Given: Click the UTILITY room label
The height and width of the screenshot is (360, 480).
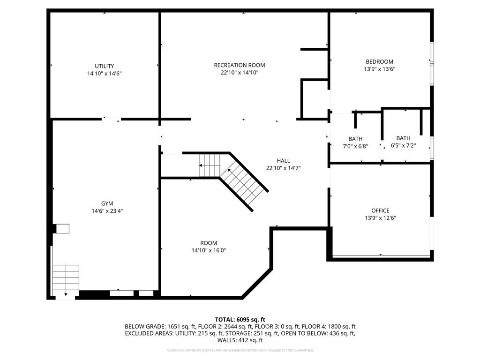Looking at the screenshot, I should click(x=104, y=66).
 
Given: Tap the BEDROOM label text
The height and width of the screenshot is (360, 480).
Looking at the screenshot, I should click(x=379, y=61).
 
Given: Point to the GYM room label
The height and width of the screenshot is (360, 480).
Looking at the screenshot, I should click(x=107, y=203).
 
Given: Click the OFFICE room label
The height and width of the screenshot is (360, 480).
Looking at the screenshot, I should click(x=380, y=210).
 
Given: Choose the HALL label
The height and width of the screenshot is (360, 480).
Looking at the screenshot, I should click(x=283, y=160).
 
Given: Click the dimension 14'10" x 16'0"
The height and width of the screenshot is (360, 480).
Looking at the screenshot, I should click(x=209, y=250).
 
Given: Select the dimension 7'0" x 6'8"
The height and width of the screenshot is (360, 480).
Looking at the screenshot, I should click(x=355, y=146).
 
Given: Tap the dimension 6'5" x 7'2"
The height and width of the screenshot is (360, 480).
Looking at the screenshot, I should click(x=403, y=145).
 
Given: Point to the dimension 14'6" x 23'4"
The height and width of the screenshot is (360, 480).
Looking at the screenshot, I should click(x=107, y=211).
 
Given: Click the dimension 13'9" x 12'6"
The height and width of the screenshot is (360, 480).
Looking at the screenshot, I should click(x=380, y=218).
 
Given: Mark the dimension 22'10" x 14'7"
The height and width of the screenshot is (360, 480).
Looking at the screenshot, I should click(x=283, y=168).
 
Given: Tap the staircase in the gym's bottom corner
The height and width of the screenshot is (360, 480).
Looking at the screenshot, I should click(x=66, y=279).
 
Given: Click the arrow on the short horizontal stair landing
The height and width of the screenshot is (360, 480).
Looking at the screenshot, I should click(x=202, y=165).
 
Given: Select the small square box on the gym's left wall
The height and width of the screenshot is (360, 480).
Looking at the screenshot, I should click(x=63, y=228).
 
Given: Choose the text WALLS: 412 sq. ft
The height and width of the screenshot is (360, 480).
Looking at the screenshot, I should click(x=240, y=340).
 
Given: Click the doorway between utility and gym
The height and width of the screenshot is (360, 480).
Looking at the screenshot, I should click(x=111, y=120).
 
